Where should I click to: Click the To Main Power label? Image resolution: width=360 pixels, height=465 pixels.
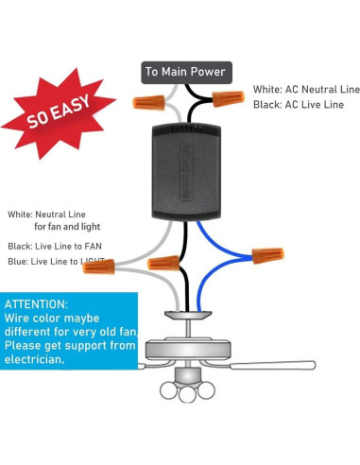pyautogui.click(x=185, y=72)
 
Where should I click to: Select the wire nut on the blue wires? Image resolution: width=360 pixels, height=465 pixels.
pyautogui.click(x=266, y=254)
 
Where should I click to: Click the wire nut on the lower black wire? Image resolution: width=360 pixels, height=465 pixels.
pyautogui.click(x=163, y=263)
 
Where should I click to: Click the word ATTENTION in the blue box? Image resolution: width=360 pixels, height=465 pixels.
pyautogui.click(x=36, y=304)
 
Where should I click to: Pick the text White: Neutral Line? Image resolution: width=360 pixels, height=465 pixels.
pyautogui.click(x=47, y=215)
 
